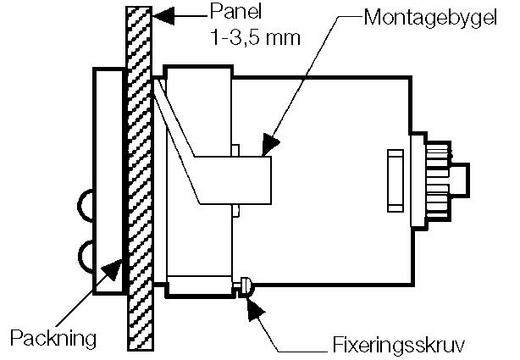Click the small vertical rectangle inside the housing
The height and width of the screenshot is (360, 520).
[395, 180]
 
